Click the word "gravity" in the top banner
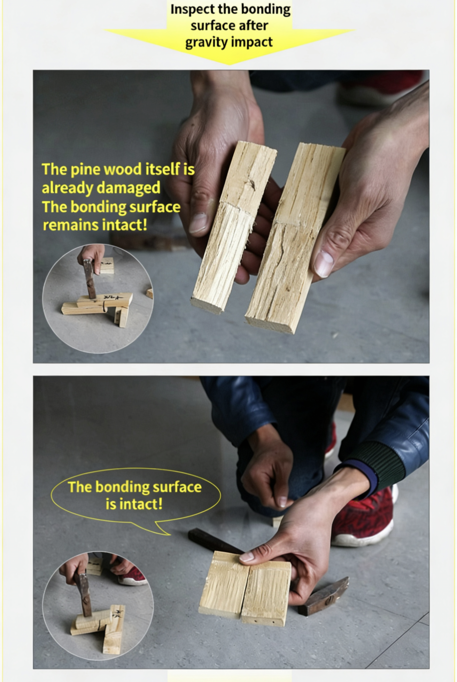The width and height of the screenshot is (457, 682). [206, 43]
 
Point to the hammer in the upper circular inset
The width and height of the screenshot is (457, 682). [90, 278]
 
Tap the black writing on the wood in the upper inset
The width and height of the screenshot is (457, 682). [113, 297]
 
